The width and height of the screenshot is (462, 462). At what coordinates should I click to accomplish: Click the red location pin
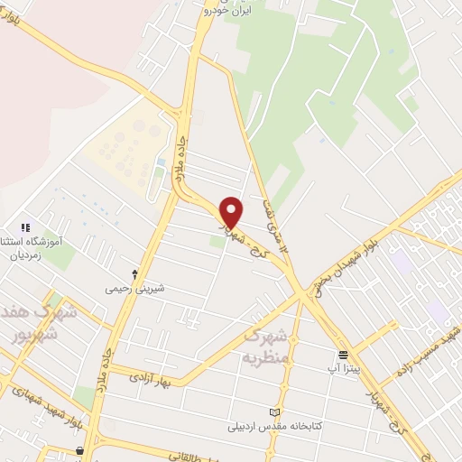pos(232,212)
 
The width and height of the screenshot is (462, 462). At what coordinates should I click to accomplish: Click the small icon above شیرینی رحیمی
pos(135,273)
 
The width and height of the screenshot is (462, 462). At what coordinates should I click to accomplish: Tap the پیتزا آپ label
pos(344,369)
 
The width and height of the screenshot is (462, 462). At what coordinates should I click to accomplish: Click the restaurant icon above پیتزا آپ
pos(343,355)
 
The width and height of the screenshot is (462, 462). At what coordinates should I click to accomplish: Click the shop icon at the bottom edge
pos(80,450)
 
